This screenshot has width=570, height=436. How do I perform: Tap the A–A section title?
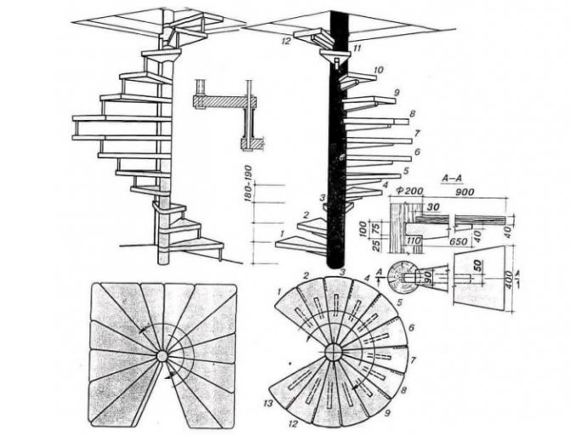point(452,179)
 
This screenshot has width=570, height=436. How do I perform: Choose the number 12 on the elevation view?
point(286,41)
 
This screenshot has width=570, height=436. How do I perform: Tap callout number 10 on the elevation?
point(377,70)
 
